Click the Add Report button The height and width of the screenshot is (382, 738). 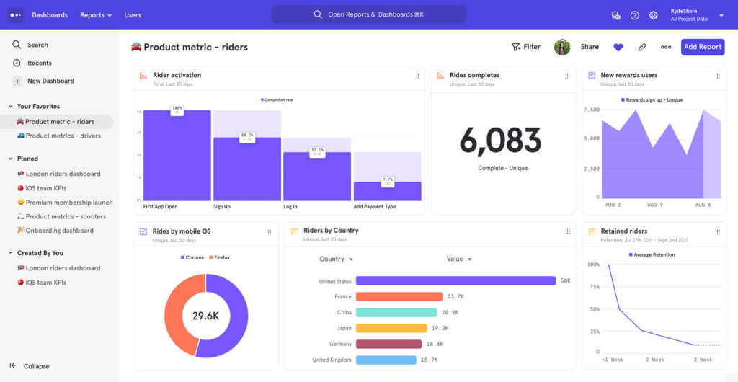click(702, 47)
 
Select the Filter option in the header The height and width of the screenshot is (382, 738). click(525, 47)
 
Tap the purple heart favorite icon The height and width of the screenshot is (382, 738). click(618, 47)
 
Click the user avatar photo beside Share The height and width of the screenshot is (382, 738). click(562, 47)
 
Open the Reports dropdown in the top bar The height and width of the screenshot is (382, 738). click(96, 15)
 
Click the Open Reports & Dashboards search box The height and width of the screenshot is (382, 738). click(368, 14)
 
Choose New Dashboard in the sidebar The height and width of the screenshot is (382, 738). click(50, 81)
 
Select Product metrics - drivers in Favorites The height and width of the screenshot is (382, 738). click(63, 136)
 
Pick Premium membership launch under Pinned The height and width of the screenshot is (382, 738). click(69, 203)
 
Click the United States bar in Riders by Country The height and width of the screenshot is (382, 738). click(455, 281)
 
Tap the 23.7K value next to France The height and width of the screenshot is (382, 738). click(455, 296)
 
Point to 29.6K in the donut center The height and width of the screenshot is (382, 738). click(205, 316)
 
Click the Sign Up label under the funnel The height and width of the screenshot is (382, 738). click(222, 206)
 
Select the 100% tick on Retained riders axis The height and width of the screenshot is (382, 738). click(593, 265)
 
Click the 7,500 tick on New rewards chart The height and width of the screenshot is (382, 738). click(591, 110)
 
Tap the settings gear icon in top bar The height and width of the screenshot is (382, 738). click(653, 15)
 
